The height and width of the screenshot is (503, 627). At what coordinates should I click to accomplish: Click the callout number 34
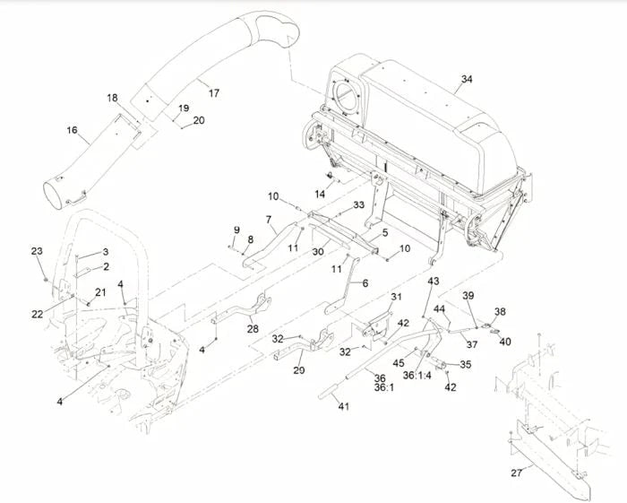(x=466, y=79)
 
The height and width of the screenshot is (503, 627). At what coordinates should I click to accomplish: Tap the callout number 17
(x=212, y=92)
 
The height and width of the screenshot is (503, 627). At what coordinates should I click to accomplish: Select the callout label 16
(x=71, y=132)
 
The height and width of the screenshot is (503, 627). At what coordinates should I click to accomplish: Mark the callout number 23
(x=37, y=251)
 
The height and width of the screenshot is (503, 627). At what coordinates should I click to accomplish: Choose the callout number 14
(x=320, y=194)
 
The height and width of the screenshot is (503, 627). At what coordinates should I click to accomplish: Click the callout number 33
(x=358, y=205)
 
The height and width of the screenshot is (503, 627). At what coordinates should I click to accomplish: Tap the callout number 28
(x=253, y=329)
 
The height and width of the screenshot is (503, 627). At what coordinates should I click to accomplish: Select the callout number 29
(x=298, y=370)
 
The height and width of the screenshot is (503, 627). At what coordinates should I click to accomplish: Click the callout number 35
(x=465, y=366)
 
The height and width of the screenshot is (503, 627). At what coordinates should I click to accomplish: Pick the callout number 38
(x=500, y=312)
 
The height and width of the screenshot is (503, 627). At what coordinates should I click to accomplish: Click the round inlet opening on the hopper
(x=344, y=97)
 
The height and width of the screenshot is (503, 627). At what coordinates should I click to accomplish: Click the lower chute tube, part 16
(x=85, y=166)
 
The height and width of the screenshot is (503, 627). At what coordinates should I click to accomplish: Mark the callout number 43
(x=433, y=282)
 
